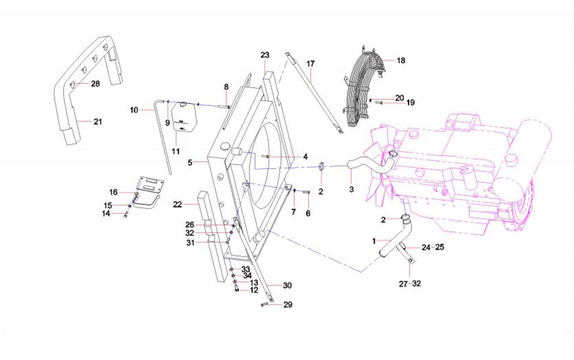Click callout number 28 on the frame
(x=95, y=84)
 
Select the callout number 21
(x=97, y=121)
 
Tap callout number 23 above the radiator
(x=265, y=55)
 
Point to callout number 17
(x=311, y=64)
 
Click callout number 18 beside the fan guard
(x=401, y=60)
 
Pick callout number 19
(x=410, y=103)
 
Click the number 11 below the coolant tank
(x=176, y=150)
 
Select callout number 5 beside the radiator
(x=190, y=163)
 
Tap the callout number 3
(x=351, y=189)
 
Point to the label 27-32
(x=410, y=284)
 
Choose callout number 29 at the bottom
(x=288, y=304)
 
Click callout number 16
(x=113, y=192)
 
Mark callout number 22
(x=177, y=204)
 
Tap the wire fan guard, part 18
(x=360, y=82)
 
